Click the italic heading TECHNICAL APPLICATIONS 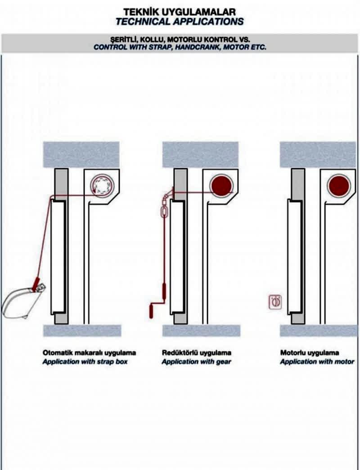click(180, 21)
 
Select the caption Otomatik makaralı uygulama click(89, 353)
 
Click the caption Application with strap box click(85, 362)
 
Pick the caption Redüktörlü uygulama click(196, 353)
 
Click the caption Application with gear click(196, 362)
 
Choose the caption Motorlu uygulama click(310, 353)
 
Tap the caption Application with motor click(317, 362)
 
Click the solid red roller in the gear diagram click(221, 186)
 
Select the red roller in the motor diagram click(339, 186)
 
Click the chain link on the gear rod click(165, 211)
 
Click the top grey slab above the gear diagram click(200, 154)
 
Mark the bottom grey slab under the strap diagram click(82, 331)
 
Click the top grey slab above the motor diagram click(318, 154)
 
